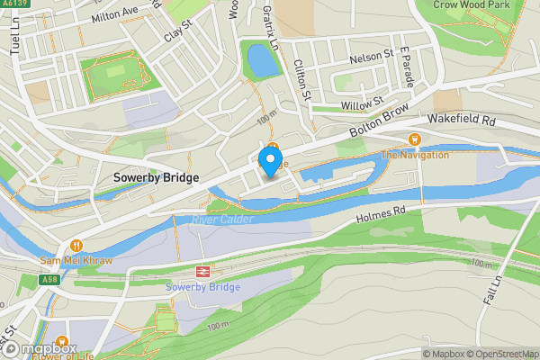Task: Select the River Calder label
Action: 222,219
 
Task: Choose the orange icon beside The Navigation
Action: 414,139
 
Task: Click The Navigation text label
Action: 414,155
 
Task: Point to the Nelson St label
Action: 373,57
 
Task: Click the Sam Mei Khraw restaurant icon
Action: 76,246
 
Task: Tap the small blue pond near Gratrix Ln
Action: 260,61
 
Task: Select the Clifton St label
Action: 302,79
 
